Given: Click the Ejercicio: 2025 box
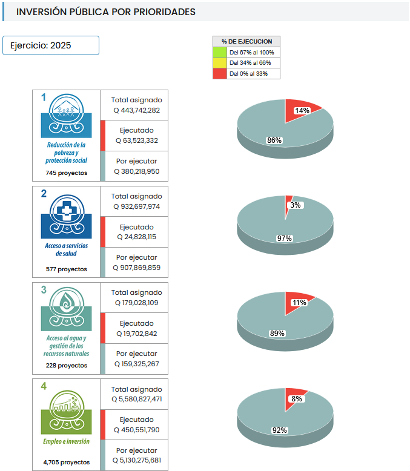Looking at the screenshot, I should (x=51, y=45).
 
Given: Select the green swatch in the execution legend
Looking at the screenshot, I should (x=220, y=53).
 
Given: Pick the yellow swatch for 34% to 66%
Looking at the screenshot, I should (x=220, y=63).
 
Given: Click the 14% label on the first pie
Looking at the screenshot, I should (x=302, y=111).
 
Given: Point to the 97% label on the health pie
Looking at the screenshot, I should (x=285, y=238).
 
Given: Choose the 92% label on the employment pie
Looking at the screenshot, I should (x=279, y=430).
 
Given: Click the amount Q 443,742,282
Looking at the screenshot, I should (x=137, y=110).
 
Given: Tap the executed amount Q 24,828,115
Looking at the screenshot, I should (x=137, y=237).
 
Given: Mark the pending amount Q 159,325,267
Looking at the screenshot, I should (x=137, y=364).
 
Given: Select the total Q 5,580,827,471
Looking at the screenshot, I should (x=137, y=399).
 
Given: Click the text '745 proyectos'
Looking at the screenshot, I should (x=66, y=173).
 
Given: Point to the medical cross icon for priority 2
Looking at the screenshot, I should (x=66, y=211).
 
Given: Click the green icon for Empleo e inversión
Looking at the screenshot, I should (x=66, y=404).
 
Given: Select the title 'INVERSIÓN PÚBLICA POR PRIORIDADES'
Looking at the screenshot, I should (x=106, y=12).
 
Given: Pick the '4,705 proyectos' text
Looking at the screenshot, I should (x=66, y=462).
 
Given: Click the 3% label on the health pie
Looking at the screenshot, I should (x=296, y=205).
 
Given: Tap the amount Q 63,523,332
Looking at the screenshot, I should (x=137, y=140).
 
